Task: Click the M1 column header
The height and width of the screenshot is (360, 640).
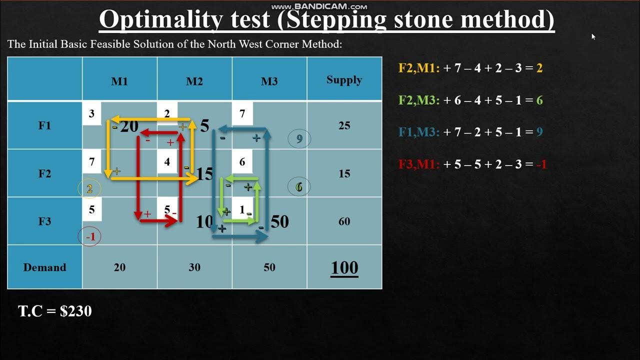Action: pos(119,81)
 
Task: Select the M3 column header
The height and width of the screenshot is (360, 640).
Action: pos(269,81)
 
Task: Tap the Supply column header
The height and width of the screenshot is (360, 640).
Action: pos(344,79)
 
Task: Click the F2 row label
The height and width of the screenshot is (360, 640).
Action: pos(45,173)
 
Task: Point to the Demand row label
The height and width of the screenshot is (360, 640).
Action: pos(44,267)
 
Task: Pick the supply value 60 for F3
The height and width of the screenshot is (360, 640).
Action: pos(344,221)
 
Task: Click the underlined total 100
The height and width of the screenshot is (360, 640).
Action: pos(344,268)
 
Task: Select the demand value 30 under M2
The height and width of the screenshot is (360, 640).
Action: pos(194,267)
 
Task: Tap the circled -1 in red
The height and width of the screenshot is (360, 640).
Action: pos(90,237)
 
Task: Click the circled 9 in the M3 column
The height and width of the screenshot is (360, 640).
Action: pos(299,139)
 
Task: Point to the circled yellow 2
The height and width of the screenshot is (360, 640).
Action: pos(89,188)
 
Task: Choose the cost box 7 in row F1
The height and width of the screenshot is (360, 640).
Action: pos(242,114)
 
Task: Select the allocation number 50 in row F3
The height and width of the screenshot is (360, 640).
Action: pos(279,221)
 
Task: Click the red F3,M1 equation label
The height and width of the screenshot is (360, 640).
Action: pos(417,164)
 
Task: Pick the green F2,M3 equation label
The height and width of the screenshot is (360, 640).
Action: pos(418,100)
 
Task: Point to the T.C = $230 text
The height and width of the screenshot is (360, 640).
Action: pos(55,311)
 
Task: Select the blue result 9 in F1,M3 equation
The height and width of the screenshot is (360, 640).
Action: pos(539,132)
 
